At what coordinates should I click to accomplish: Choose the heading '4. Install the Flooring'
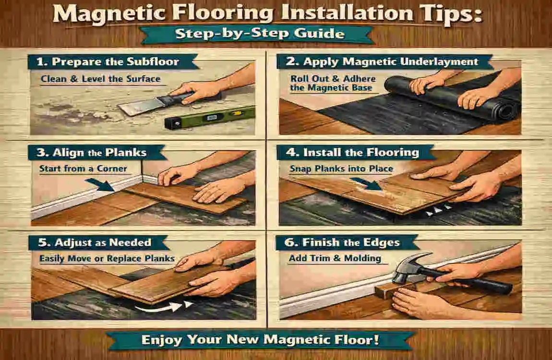click(x=355, y=153)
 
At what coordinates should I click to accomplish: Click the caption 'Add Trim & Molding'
click(x=335, y=258)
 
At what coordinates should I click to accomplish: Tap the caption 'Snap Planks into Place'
click(x=341, y=168)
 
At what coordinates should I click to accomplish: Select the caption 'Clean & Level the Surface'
click(x=100, y=79)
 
